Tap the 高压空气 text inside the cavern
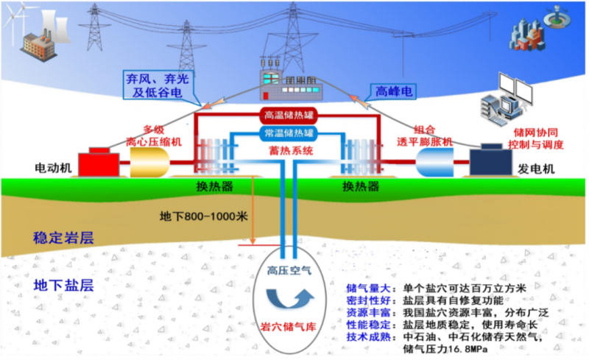click(x=289, y=270)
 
